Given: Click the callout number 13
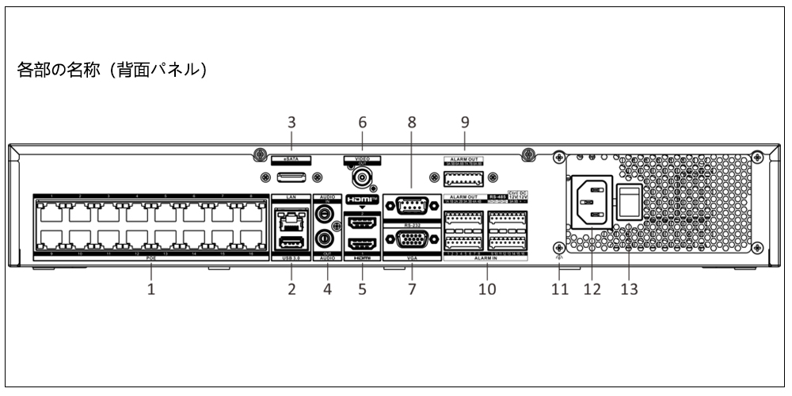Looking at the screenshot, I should pos(629,289).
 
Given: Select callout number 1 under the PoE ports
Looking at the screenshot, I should pos(150,289).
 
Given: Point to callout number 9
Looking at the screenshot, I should pos(465,122).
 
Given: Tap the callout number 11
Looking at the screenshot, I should pos(560,289).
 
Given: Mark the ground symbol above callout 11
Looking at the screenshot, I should pos(559,257).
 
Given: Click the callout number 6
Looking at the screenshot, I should pos(363,122).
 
